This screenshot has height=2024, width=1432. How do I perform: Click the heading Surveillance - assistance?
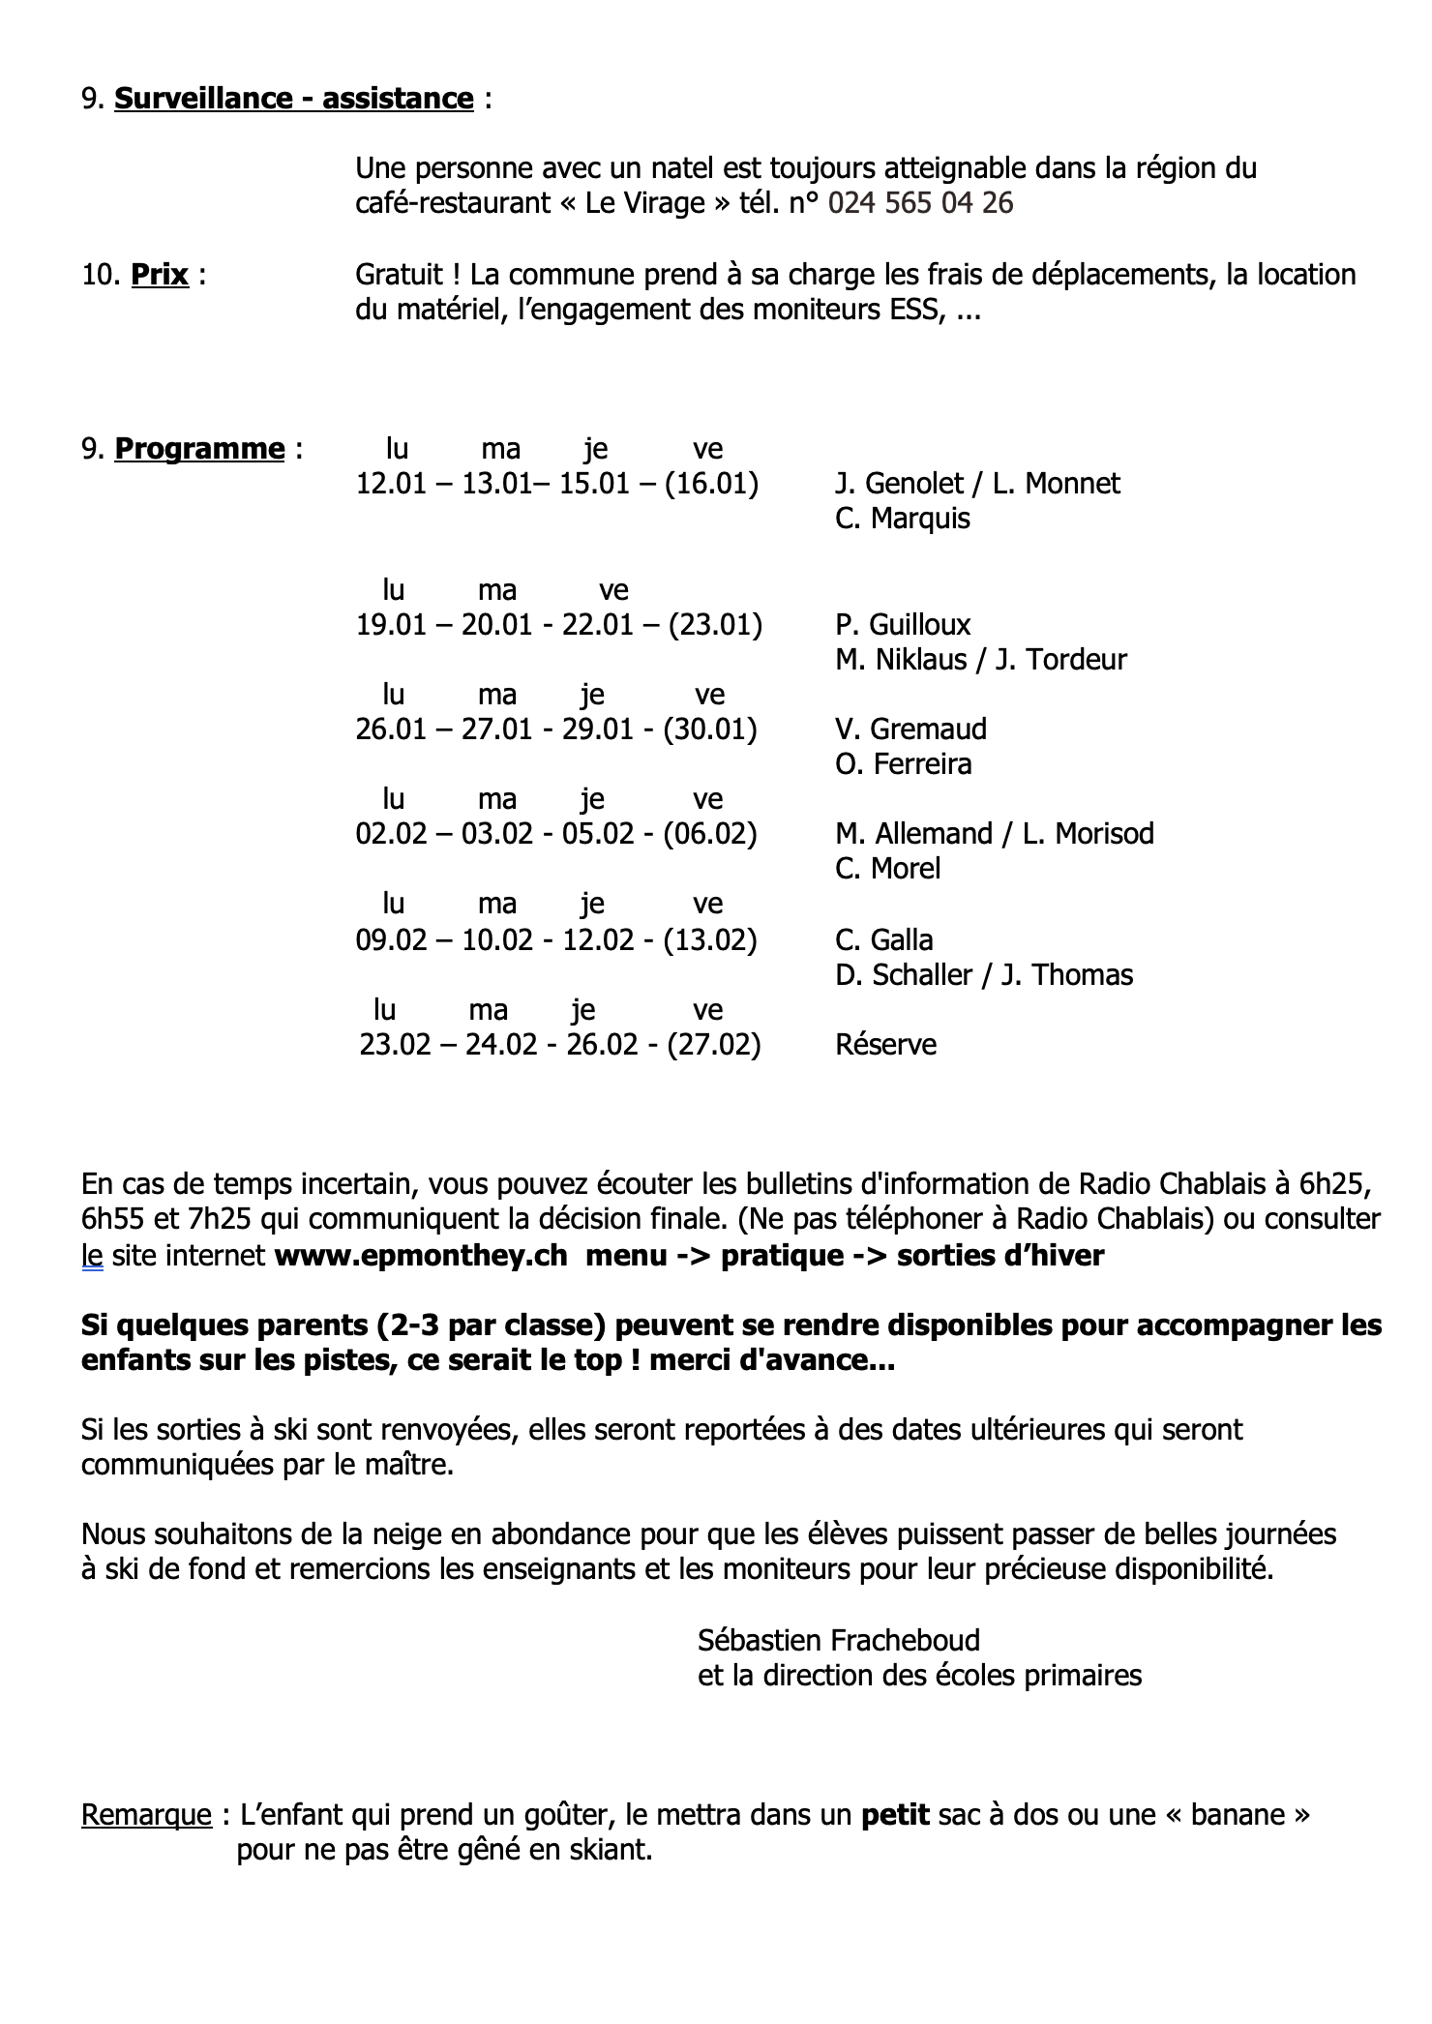coord(293,99)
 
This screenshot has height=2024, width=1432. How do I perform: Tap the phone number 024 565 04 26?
coord(920,203)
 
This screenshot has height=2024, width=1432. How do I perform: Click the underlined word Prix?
coord(160,275)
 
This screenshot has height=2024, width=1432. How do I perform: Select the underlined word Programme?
coord(199,449)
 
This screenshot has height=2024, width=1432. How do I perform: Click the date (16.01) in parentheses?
coord(711,484)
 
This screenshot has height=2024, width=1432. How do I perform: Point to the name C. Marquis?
coord(902,519)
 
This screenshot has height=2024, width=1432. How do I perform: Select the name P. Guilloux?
coord(902,625)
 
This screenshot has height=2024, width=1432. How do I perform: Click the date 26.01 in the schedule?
coord(391,729)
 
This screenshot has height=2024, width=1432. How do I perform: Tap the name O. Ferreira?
coord(903,764)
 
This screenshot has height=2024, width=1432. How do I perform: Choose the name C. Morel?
coord(887,869)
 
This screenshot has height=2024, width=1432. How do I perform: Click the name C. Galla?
coord(883,940)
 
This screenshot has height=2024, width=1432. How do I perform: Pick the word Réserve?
coord(885,1045)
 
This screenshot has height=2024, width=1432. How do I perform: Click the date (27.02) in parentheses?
coord(713,1045)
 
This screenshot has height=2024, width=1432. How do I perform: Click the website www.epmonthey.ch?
coord(421,1256)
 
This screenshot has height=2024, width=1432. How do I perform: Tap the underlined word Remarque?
coord(146,1814)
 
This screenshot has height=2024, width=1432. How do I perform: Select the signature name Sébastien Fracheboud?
coord(838,1640)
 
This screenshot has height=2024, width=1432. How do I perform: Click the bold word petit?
coord(895,1814)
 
